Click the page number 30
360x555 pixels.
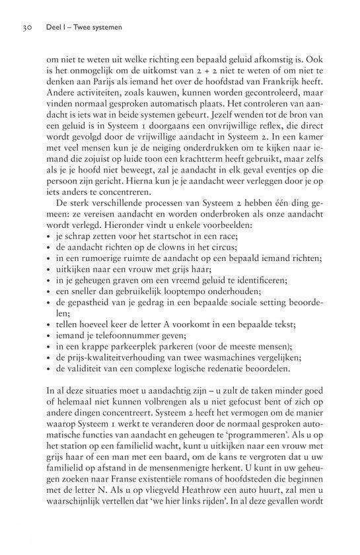(x=28, y=29)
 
